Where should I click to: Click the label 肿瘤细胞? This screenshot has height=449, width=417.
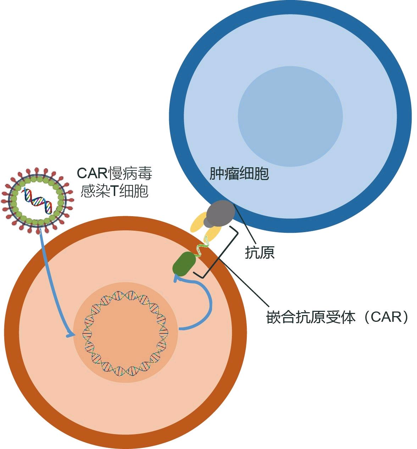coord(239,173)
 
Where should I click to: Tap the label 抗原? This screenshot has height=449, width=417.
coord(260,252)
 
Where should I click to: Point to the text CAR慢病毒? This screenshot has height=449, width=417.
coord(115,173)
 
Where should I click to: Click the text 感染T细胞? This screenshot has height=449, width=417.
coord(115,191)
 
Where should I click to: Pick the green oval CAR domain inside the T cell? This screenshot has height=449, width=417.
coord(184,264)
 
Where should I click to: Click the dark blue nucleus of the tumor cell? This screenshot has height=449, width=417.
coord(290,117)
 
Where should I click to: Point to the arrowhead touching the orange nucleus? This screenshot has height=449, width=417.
coord(71,335)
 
